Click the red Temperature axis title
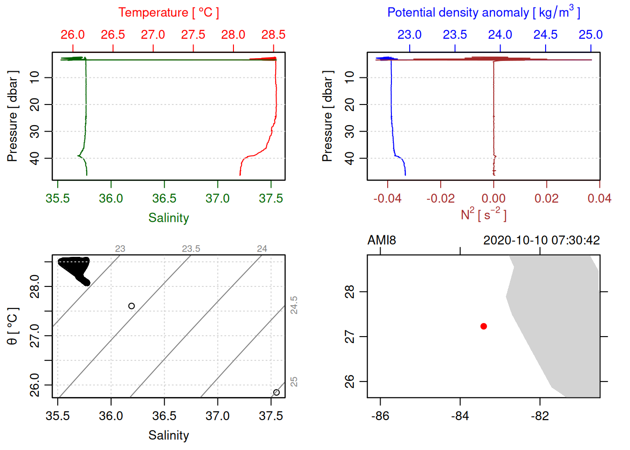coord(168,13)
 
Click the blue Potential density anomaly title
coord(483,13)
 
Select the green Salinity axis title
coord(168,218)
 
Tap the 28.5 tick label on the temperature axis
coord(273,35)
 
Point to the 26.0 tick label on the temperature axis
coord(73,35)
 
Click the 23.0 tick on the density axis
coord(410,35)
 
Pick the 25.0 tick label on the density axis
coord(591,35)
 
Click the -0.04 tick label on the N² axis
coord(387,199)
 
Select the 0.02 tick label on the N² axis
coord(547,199)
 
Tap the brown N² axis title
coord(483,215)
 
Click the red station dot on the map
coord(484,326)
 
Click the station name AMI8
coord(382,240)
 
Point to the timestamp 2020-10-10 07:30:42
coord(541,240)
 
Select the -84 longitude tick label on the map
coord(460,416)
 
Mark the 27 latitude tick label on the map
coord(350,337)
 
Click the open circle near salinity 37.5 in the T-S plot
coord(277,392)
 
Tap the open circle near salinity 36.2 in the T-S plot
coord(132,306)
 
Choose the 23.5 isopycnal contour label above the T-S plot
coord(191,249)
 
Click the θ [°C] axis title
coord(13,326)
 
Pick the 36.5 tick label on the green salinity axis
coord(164,199)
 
